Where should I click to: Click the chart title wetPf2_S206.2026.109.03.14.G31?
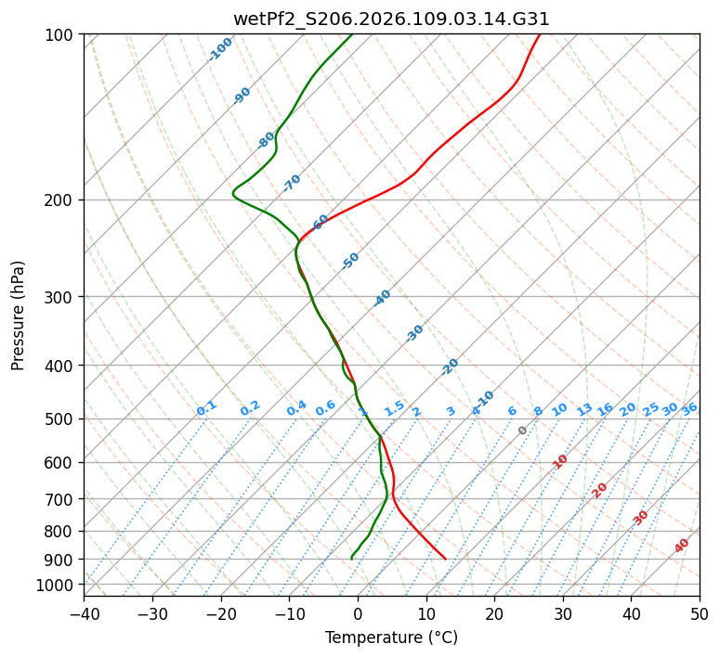[391, 19]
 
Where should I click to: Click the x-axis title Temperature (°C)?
[391, 638]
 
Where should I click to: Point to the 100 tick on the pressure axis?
[61, 35]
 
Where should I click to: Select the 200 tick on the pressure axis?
[61, 200]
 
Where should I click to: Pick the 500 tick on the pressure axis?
[61, 419]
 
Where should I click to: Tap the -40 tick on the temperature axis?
[84, 613]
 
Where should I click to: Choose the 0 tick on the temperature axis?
[358, 613]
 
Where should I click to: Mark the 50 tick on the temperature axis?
[700, 613]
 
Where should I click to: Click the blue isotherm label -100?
[220, 49]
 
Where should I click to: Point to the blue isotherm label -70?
[292, 183]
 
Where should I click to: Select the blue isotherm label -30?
[414, 333]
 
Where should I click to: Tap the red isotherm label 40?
[682, 546]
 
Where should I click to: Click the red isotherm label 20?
[600, 490]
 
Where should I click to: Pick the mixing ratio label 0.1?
[206, 408]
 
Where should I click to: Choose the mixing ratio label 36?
[689, 408]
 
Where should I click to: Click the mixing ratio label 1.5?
[394, 408]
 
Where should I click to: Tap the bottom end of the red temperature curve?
[445, 559]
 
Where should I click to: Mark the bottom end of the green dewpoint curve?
[352, 559]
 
